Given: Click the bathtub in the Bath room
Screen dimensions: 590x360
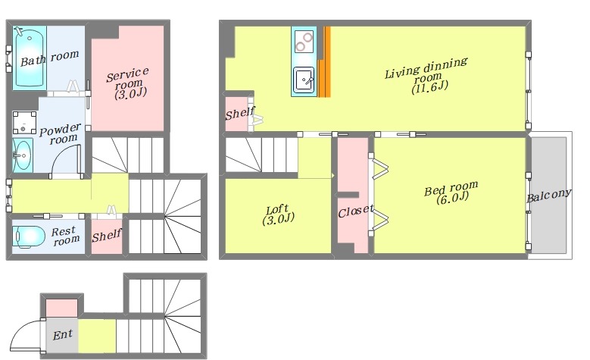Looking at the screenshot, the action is (x=30, y=58).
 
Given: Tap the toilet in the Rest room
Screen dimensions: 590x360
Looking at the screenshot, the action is (x=29, y=237).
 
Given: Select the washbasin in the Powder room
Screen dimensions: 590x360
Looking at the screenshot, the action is (x=23, y=155).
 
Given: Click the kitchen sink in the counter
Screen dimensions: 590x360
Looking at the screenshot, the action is (x=303, y=80).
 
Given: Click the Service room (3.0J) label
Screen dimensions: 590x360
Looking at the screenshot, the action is (x=128, y=83).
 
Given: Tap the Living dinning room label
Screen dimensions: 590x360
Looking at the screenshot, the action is (x=426, y=75).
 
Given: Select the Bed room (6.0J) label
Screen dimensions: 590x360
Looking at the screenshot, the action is (x=451, y=192).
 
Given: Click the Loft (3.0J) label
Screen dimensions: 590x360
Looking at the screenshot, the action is (x=278, y=214).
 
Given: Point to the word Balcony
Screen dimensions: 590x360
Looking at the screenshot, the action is (x=549, y=195).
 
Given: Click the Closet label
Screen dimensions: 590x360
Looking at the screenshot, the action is (x=355, y=211).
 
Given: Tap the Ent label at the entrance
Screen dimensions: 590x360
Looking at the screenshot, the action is (x=62, y=334).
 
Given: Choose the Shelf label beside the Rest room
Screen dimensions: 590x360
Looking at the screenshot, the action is (x=107, y=236).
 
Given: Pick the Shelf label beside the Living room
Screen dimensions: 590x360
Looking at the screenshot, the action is (x=240, y=113).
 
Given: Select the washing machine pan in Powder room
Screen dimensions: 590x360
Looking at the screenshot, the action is (x=25, y=122).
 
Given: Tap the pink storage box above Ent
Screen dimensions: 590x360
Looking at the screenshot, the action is (x=61, y=308).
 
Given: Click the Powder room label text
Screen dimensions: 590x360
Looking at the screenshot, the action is (x=60, y=133).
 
